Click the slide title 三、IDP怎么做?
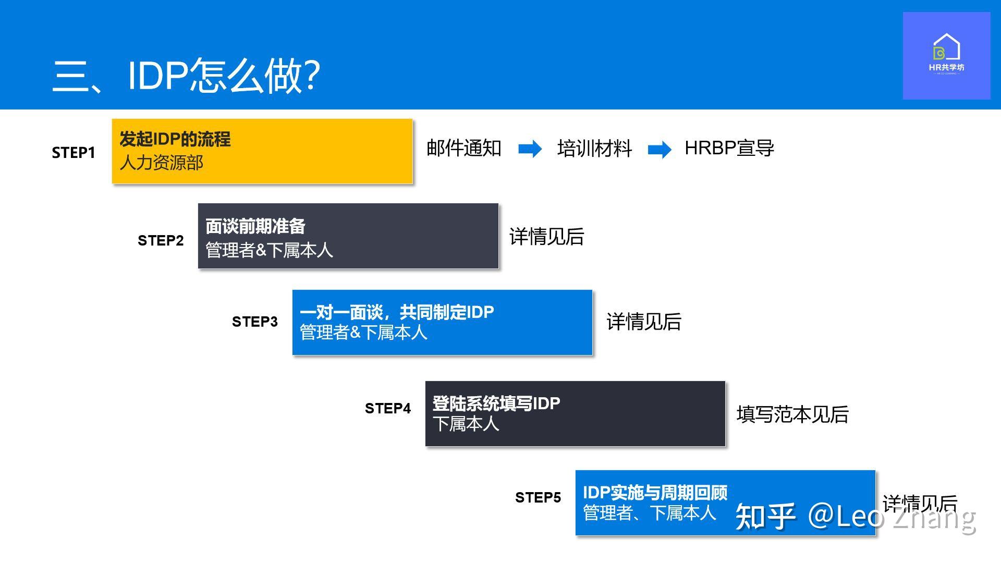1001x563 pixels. coord(186,75)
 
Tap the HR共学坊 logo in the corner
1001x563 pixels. coord(946,56)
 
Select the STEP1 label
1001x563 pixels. coord(74,153)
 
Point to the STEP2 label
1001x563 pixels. coord(161,240)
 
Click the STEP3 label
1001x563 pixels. coord(255,322)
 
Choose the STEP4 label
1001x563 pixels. coord(388,408)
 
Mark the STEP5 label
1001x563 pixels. coord(538,497)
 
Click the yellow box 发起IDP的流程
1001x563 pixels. coord(262,151)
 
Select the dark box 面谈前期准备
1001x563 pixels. coord(348,236)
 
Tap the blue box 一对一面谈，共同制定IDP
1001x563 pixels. coord(442,323)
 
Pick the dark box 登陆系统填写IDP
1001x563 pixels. coord(575,414)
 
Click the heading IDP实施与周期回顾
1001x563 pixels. coord(655,493)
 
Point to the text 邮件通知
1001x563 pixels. coord(464,149)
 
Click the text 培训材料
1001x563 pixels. coord(594,149)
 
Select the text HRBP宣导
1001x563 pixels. coord(729,149)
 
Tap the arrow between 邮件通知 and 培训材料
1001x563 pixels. coord(530,149)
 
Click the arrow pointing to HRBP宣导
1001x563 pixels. coord(660,150)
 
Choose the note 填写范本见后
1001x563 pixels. coord(792,415)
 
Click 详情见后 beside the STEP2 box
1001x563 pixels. coord(547,237)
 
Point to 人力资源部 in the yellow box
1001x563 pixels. coord(162,163)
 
